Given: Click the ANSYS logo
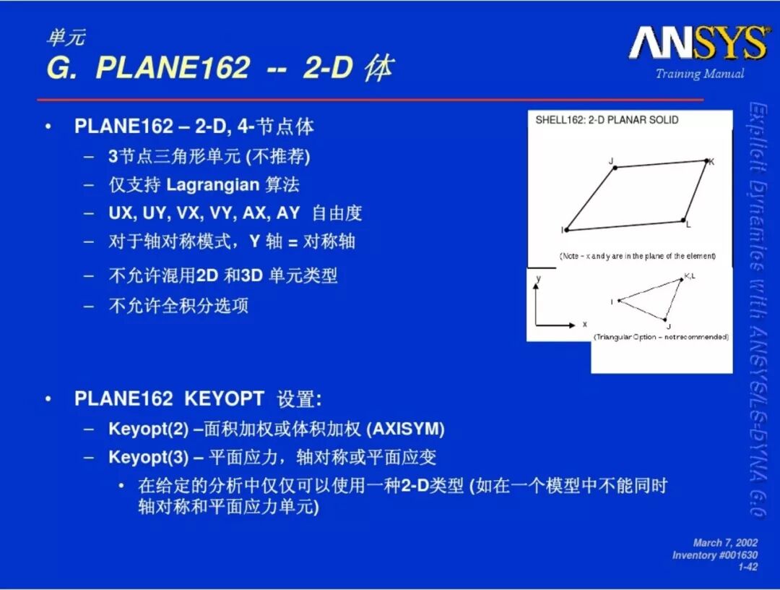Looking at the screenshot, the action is coord(698,43).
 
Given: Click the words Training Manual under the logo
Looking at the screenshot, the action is coord(699,74).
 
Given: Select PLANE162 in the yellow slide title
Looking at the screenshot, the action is coord(173,67).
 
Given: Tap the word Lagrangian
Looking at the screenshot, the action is coord(212,184).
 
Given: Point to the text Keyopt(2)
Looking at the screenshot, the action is coord(148,429).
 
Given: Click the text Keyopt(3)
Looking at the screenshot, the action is coord(148,457).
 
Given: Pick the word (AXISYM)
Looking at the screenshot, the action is coord(405,429).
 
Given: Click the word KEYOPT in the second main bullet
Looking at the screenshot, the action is coord(224,398).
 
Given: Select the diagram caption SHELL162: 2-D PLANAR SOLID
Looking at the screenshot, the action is coord(607,120).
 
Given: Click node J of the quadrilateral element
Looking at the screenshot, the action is coord(615,168).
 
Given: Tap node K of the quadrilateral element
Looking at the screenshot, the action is coord(706,161).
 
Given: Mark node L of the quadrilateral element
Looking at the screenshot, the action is coord(683,220).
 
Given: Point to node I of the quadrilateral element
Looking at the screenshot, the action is coord(567,230).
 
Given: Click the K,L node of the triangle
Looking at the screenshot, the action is coord(682,280).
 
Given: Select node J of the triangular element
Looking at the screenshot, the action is coord(665,320).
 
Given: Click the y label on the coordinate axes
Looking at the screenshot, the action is coord(538,278).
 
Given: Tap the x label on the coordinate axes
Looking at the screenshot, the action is coord(584,324).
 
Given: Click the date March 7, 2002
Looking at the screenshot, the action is coord(725,543).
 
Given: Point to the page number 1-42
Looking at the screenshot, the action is coord(747,567).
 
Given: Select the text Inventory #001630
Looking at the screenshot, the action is coord(715,555).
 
